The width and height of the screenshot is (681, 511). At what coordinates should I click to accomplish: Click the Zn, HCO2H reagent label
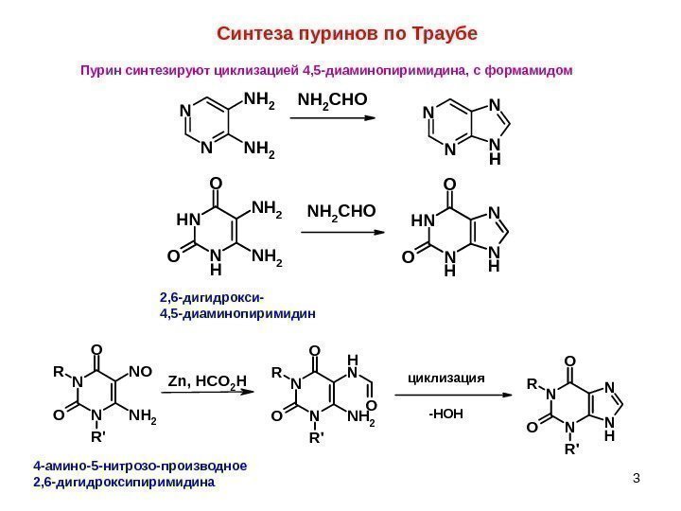tap(207, 381)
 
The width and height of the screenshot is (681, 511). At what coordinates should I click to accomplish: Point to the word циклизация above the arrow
tap(445, 377)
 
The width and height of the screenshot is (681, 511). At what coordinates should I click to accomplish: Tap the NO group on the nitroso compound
tap(138, 361)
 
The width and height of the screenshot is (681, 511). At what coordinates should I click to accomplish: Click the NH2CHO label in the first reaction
tap(333, 99)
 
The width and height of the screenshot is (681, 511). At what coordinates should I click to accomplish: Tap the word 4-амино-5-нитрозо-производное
tap(140, 466)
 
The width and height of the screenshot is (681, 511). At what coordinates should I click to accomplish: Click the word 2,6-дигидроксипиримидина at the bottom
tap(124, 483)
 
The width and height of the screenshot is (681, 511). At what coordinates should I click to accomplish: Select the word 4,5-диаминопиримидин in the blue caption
tap(237, 311)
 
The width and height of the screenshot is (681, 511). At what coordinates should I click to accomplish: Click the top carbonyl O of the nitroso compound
tap(96, 346)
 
